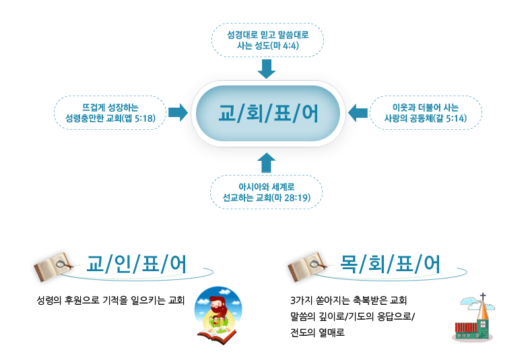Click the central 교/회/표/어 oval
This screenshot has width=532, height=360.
[x=267, y=113]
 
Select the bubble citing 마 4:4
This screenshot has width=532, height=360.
[x=267, y=40]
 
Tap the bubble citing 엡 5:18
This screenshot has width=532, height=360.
[x=110, y=112]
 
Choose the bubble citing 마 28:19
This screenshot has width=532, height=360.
[x=267, y=192]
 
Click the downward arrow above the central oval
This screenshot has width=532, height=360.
[x=267, y=69]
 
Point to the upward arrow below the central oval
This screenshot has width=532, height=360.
[x=267, y=161]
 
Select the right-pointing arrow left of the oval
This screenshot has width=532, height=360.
[x=178, y=112]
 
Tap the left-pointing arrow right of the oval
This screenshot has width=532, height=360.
[x=357, y=112]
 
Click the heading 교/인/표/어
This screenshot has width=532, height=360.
[x=137, y=265]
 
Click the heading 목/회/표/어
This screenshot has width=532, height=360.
[x=391, y=265]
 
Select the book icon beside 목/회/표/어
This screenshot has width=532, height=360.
[x=306, y=266]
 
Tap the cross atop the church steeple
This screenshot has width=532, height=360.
[x=482, y=299]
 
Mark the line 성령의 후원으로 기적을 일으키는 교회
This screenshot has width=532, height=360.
[x=111, y=300]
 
